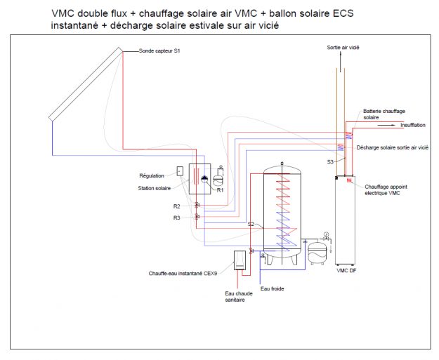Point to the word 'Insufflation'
[412, 126]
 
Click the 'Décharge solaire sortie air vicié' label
[392, 148]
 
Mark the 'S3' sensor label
[330, 162]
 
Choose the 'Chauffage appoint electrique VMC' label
[385, 189]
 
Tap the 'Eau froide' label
[273, 288]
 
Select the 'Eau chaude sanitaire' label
[238, 297]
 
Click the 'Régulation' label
[152, 175]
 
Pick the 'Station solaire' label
[154, 188]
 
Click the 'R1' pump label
[220, 190]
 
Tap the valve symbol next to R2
[197, 206]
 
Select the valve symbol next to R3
[197, 217]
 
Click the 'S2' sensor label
[250, 224]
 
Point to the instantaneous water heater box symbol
[240, 260]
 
